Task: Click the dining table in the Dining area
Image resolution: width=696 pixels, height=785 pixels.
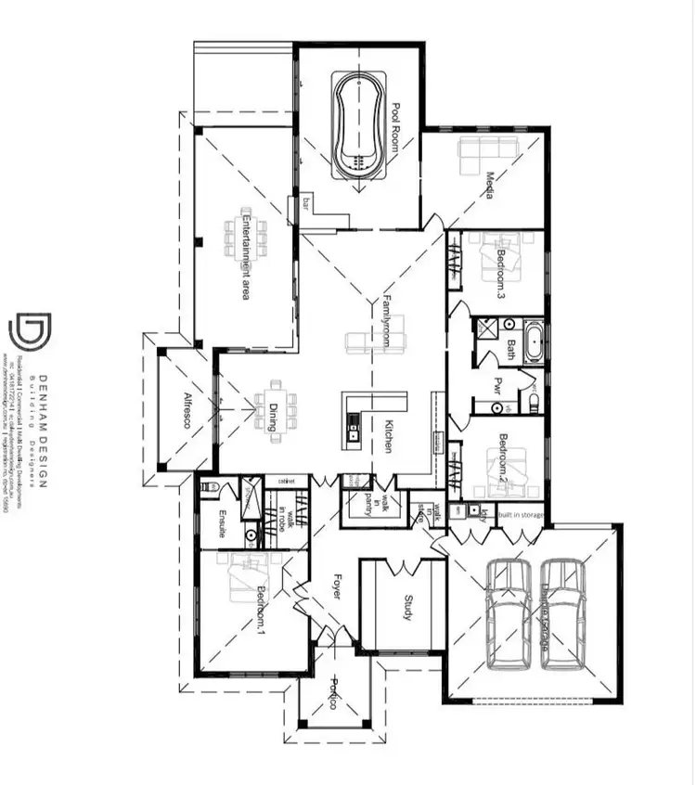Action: tap(276, 408)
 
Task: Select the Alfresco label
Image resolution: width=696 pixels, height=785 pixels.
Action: tap(187, 412)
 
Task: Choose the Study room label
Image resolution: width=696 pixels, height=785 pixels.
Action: tap(406, 608)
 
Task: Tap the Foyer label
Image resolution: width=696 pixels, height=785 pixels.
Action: tap(336, 587)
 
